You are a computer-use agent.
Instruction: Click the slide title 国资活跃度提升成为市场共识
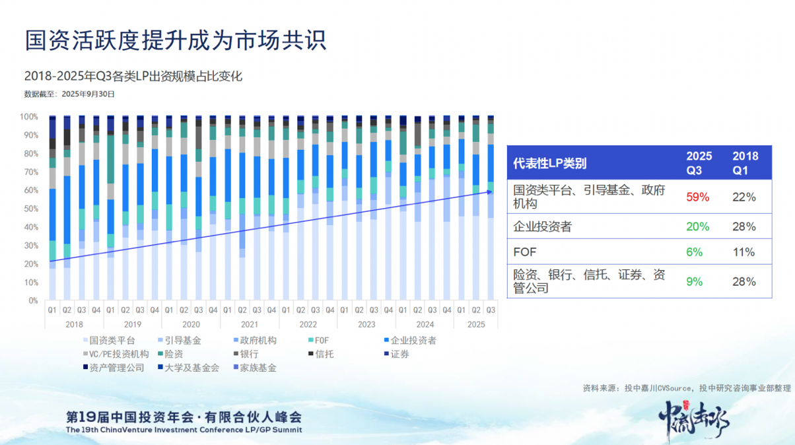(x=176, y=41)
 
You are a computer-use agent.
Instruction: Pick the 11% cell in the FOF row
(x=743, y=252)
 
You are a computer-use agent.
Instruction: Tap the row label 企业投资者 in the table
(x=543, y=226)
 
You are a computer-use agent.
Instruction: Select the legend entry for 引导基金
(x=182, y=341)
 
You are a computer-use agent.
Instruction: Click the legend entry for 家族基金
(x=258, y=368)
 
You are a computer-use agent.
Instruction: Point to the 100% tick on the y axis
(x=29, y=117)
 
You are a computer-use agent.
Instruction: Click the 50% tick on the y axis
(x=31, y=209)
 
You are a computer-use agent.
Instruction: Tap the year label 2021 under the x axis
(x=249, y=324)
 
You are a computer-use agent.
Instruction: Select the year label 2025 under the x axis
(x=475, y=324)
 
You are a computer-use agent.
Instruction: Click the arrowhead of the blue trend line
(x=492, y=192)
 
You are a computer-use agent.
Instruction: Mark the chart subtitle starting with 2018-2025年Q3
(x=133, y=77)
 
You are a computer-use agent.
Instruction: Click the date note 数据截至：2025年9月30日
(x=69, y=94)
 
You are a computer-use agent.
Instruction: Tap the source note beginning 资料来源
(x=686, y=388)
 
